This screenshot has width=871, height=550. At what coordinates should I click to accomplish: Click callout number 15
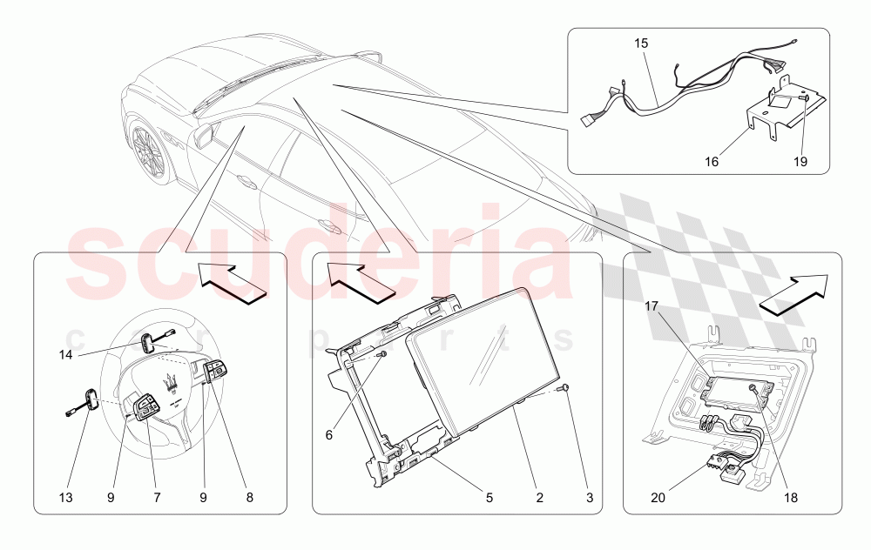[x=641, y=44]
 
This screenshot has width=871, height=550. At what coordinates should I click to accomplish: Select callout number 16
[x=712, y=162]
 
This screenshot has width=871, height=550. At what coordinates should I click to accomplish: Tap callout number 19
[x=800, y=162]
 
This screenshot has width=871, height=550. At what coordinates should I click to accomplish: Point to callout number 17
[x=652, y=306]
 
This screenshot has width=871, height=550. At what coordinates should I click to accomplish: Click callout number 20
[x=658, y=498]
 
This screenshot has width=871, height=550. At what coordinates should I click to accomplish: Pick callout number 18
[x=791, y=498]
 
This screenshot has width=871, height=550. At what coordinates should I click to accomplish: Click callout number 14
[x=65, y=354]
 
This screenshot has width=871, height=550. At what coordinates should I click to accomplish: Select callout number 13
[x=65, y=498]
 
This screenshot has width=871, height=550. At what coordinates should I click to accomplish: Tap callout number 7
[x=157, y=498]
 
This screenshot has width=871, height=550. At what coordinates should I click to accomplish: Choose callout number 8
[x=249, y=498]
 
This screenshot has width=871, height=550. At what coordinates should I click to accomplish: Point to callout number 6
[x=329, y=435]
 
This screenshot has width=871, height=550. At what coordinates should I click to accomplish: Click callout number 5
[x=490, y=498]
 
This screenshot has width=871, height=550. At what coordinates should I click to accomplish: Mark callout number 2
[x=539, y=498]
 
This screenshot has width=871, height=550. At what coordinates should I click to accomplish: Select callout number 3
[x=590, y=498]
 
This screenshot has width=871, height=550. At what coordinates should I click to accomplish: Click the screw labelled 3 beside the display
[x=564, y=388]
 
